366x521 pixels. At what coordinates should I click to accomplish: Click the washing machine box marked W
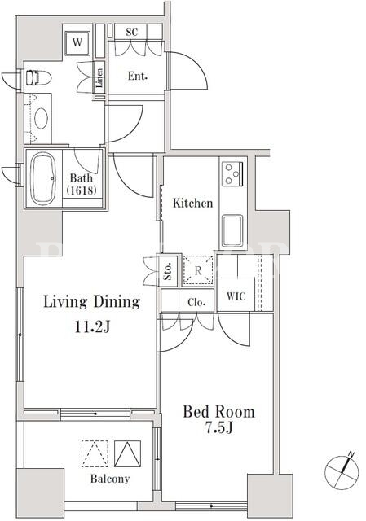(77, 42)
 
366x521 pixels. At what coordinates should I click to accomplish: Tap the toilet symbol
(38, 77)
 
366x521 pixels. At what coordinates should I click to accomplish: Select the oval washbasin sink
(42, 119)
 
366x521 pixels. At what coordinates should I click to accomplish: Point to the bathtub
(43, 179)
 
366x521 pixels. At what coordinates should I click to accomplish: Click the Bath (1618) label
(82, 184)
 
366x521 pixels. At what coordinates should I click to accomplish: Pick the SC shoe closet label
(132, 33)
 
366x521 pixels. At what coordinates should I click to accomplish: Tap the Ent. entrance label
(138, 76)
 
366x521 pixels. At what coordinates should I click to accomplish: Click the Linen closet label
(99, 78)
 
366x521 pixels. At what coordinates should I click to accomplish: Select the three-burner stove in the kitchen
(232, 173)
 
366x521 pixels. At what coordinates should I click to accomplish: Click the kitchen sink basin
(232, 230)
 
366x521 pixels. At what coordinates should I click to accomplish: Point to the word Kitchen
(192, 203)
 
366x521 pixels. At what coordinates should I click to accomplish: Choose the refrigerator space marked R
(198, 270)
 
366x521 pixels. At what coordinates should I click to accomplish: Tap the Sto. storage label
(168, 271)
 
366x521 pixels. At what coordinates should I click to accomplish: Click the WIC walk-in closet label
(236, 296)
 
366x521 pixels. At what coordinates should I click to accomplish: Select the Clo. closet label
(196, 302)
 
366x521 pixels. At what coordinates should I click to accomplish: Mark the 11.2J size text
(92, 327)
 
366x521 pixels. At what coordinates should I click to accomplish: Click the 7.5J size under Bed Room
(218, 428)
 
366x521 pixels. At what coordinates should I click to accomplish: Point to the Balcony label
(110, 479)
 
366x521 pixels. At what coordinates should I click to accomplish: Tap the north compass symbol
(342, 471)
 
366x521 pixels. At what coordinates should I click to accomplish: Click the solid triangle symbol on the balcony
(127, 454)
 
